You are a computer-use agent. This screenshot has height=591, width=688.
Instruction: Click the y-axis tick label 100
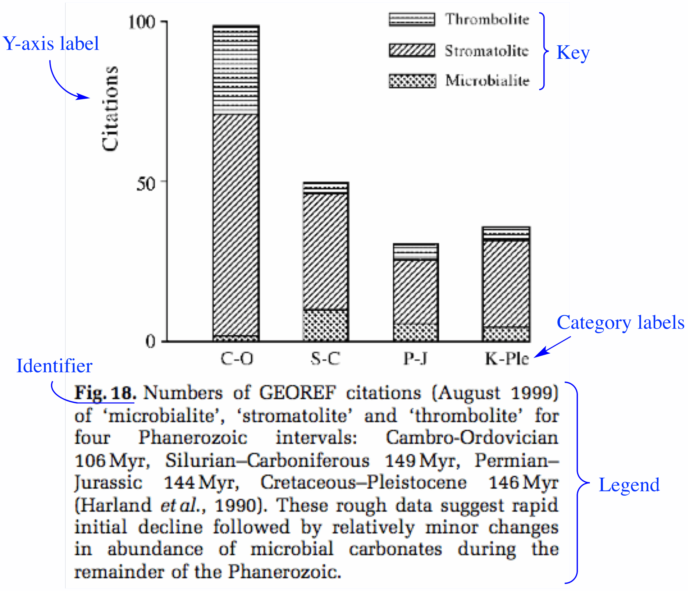[x=142, y=23]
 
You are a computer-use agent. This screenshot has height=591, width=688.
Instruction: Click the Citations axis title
[x=110, y=109]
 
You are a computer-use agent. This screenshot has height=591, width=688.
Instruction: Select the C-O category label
[x=237, y=359]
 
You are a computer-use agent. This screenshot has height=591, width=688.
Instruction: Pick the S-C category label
[x=325, y=359]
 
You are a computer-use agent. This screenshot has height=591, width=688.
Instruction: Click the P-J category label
[x=415, y=359]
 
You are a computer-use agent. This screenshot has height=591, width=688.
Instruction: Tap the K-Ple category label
[x=507, y=359]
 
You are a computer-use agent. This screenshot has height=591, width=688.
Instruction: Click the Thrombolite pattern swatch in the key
[x=412, y=19]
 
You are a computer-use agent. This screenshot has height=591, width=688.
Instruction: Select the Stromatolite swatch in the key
[x=412, y=50]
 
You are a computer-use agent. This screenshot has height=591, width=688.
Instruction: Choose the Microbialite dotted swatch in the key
[x=412, y=81]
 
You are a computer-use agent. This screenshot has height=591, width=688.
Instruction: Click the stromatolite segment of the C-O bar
[x=236, y=226]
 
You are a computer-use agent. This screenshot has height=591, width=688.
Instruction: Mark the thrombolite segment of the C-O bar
[x=236, y=70]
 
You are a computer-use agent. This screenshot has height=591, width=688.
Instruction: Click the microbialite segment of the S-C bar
[x=325, y=325]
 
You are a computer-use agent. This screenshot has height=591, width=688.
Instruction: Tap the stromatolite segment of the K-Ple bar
[x=506, y=284]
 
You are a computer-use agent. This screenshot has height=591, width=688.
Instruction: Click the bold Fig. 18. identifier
[x=105, y=393]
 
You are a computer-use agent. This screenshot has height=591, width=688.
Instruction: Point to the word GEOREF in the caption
[x=297, y=393]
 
